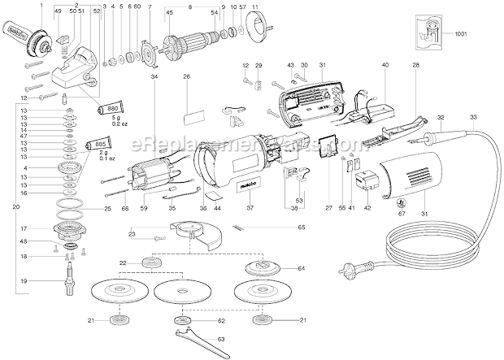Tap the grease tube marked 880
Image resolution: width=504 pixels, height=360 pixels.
(109, 108)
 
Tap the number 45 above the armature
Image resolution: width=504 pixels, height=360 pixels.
(169, 12)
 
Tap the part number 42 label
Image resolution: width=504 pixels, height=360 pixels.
(367, 208)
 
